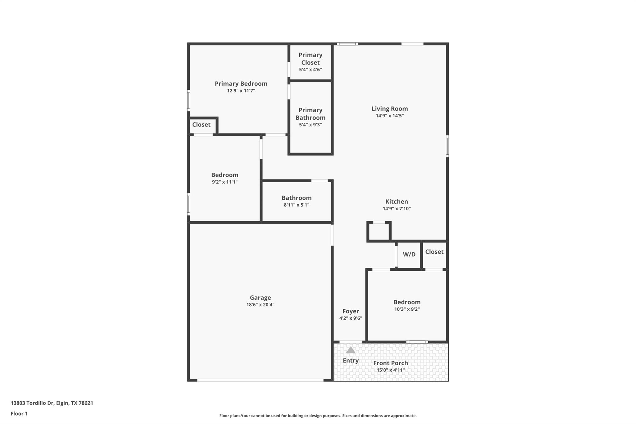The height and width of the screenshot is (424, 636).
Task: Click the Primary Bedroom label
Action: pos(241,84)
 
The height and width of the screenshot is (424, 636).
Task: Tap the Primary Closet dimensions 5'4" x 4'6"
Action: pos(310,70)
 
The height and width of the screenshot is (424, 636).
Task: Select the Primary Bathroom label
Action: pos(310,114)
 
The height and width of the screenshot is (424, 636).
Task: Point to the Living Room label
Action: pos(389,109)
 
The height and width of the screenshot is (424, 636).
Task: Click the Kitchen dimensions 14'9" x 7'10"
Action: pos(397,209)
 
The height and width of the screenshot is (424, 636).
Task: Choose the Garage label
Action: pos(260,298)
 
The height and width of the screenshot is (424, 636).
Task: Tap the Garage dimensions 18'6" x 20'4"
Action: pos(260,305)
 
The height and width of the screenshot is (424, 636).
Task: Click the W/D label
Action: pos(409,254)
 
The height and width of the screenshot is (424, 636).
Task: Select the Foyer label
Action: pos(351,311)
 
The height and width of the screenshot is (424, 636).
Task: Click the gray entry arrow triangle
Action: pos(351,350)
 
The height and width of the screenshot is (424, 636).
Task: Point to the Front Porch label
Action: pos(390,363)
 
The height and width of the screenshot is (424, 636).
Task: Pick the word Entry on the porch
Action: pos(351,361)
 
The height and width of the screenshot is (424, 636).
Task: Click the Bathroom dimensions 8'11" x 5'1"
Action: pos(296,205)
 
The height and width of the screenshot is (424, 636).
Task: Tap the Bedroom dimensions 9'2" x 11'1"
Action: pos(225,182)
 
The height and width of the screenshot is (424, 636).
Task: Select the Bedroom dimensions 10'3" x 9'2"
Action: pos(407,309)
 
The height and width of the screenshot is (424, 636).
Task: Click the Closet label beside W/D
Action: pos(434,252)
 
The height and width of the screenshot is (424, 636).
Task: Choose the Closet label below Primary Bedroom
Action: pos(201,125)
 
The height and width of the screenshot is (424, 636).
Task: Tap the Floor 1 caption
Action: pos(19,413)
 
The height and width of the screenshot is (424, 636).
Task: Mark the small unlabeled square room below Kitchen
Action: pos(379,232)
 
